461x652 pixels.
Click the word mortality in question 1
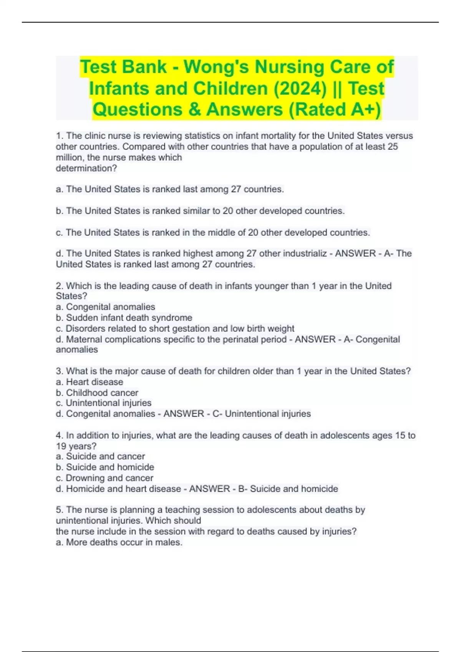point(276,136)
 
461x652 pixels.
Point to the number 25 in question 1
point(393,147)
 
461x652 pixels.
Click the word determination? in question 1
point(86,168)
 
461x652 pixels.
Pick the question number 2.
point(60,286)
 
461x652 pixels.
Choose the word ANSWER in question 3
point(184,414)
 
